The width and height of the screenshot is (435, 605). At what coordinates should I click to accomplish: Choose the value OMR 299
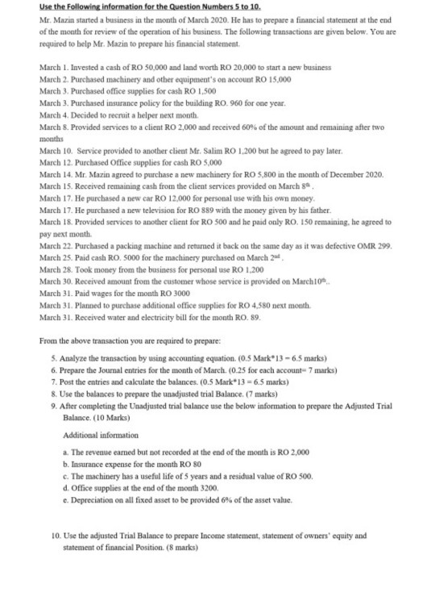tap(362, 232)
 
